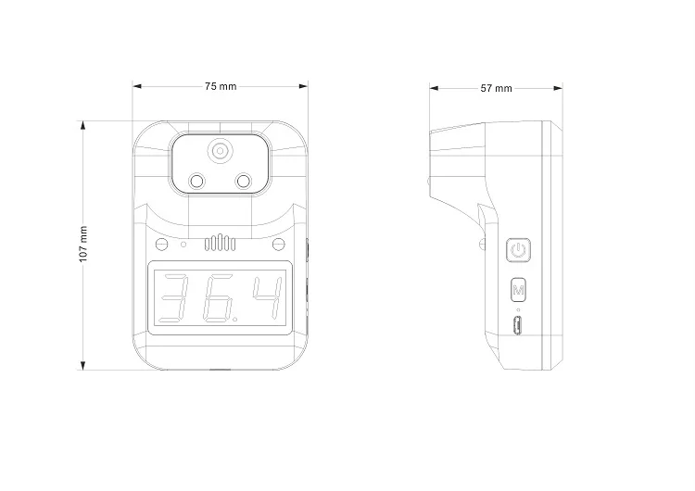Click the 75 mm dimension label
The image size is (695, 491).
pos(221,86)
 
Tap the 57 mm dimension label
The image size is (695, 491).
pos(497,88)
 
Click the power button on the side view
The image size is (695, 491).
pos(519,250)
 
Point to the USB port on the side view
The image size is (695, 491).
pos(519,325)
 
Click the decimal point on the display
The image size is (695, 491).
pos(240,318)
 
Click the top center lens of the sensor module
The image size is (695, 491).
pos(220,151)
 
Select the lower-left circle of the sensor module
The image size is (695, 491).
pos(197,182)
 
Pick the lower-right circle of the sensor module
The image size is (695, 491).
pos(244,182)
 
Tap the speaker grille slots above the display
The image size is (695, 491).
pos(221,245)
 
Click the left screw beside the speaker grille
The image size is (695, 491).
pos(163,245)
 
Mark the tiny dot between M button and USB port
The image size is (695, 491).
pos(519,309)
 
